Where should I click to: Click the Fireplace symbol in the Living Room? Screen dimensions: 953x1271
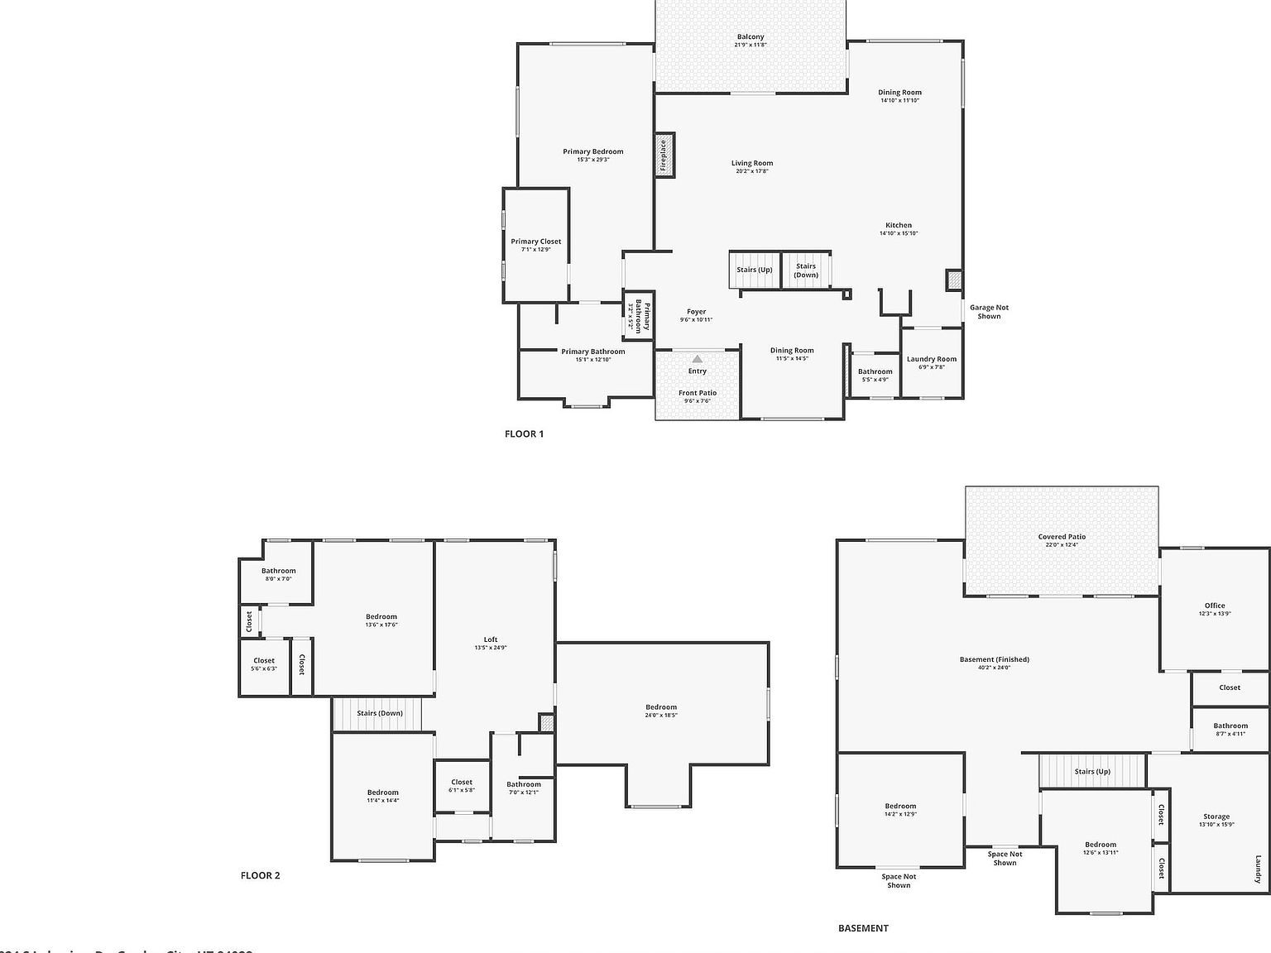pos(664,155)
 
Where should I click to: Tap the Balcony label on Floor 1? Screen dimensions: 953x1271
pos(751,37)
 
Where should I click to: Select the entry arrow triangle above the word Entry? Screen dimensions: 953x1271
pos(697,359)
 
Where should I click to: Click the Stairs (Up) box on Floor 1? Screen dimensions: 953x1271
pos(754,270)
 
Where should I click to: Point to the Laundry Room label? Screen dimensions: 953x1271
pos(931,359)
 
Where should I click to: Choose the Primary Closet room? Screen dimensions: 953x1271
pos(535,244)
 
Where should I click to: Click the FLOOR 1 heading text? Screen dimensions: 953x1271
pos(524,433)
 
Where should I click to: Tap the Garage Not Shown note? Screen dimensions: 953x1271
pos(989,311)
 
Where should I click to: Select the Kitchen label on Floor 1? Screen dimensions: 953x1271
pos(899,225)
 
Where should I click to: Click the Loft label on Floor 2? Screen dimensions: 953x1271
pos(491,639)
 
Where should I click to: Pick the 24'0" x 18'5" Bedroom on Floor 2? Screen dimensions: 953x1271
pos(661,710)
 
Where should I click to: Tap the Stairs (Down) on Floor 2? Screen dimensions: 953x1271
pos(379,713)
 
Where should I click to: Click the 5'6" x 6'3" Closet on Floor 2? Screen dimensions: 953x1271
pos(264,663)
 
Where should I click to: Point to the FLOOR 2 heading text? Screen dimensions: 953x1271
pos(260,875)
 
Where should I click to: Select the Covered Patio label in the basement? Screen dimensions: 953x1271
pos(1062,537)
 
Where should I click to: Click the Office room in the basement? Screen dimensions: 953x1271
pos(1214,608)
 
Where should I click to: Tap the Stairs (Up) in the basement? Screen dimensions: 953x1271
pos(1092,771)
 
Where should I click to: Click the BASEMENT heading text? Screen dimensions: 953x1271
pos(863,928)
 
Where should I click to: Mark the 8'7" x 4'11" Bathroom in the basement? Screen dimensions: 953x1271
pos(1230,729)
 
